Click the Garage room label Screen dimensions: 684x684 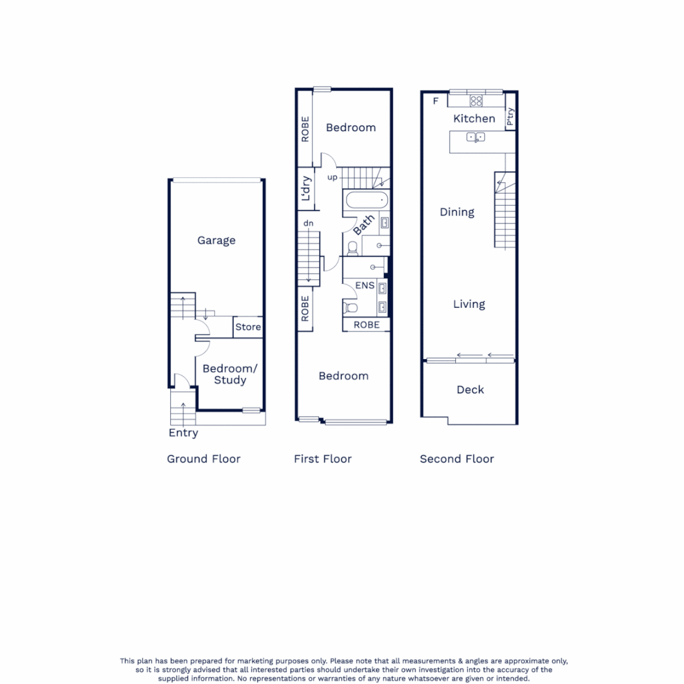216,241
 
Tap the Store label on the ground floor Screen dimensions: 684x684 248,327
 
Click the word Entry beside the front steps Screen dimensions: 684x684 183,433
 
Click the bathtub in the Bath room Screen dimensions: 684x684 365,200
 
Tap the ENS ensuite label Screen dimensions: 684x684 365,286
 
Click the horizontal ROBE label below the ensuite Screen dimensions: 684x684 367,325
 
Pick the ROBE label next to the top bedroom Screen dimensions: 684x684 306,129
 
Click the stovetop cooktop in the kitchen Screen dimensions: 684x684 476,101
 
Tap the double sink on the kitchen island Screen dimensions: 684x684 476,137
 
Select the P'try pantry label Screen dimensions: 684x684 510,118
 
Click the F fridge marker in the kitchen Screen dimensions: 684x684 435,101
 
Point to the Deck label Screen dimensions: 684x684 470,389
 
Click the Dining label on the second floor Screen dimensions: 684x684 457,212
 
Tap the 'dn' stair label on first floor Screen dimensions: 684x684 308,223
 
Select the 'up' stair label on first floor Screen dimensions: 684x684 332,177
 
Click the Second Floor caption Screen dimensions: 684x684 457,459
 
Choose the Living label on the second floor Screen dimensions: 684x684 469,304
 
